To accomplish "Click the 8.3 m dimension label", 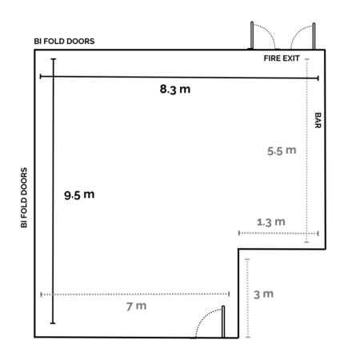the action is coord(175,89).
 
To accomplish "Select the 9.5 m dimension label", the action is coord(79,194).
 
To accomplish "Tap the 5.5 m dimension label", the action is coord(282,150).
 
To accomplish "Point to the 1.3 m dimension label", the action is coord(271,222).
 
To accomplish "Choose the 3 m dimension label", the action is coord(263,294).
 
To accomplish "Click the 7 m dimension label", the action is coord(136,306).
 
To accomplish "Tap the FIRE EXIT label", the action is coord(282,58).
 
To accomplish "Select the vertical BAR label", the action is coord(318,120).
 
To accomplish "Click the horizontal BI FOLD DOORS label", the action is coord(64,42).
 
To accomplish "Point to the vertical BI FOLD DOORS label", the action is coord(24,198).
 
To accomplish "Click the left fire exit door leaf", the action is coord(252,35).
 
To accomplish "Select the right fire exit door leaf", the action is coord(314,36).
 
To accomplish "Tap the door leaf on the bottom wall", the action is coord(223,322).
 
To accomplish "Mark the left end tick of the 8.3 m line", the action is coord(41,77).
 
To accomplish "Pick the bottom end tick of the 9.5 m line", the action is coord(53,323).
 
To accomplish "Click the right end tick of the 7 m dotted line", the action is coord(229,294).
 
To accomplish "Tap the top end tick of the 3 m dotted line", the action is coord(247,259).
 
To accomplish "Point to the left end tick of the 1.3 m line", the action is coord(239,233).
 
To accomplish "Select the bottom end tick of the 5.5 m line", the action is coord(306,242).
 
